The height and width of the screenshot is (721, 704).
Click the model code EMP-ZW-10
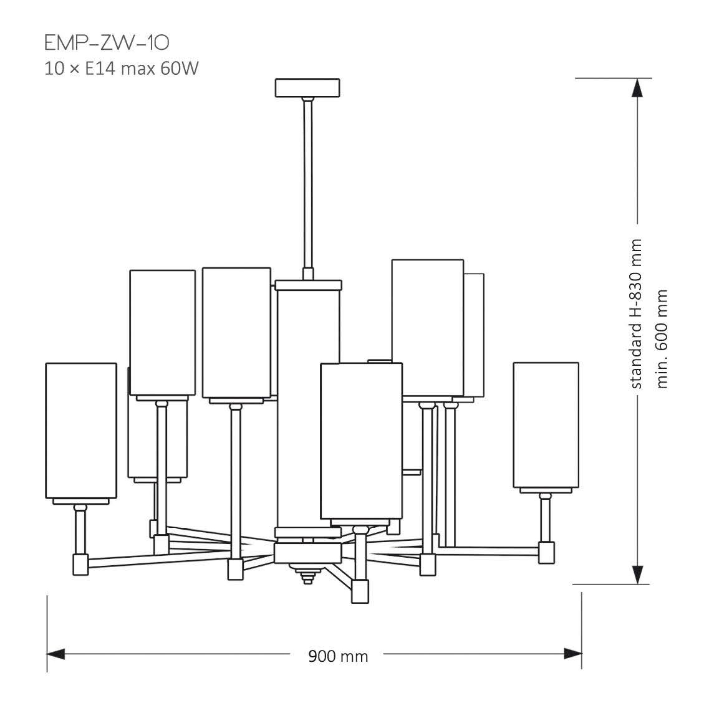tap(107, 43)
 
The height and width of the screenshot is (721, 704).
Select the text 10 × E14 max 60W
tap(121, 68)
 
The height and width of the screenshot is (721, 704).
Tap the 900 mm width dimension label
tap(338, 656)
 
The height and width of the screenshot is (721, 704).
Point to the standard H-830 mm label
tap(636, 314)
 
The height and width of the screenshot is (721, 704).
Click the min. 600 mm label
tap(662, 338)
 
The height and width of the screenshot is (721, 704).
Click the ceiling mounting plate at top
tap(307, 87)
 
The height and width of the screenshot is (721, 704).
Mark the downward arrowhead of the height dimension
tap(637, 574)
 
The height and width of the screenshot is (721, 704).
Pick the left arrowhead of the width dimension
tap(56, 654)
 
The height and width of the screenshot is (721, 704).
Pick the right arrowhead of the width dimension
tap(572, 654)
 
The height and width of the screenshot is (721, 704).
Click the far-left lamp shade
tap(81, 430)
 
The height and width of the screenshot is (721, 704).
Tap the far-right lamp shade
tap(546, 424)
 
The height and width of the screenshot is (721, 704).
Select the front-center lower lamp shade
tap(361, 440)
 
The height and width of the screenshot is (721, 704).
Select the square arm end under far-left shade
tap(81, 564)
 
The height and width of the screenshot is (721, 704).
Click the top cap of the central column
tap(309, 285)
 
